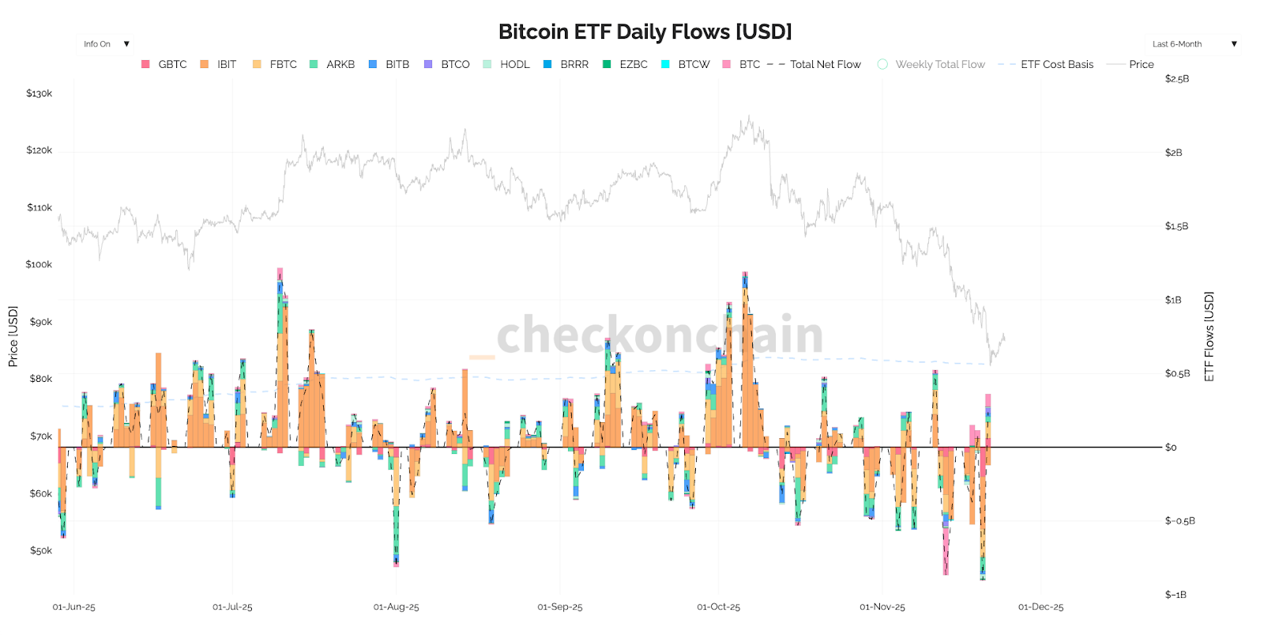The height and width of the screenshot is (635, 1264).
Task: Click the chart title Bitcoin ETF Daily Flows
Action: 645,32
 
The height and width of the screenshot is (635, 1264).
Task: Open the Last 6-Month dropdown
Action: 1193,44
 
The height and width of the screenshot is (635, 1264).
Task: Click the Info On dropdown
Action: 106,44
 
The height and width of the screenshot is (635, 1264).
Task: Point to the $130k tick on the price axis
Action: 39,93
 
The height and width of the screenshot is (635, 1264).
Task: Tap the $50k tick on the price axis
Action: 40,550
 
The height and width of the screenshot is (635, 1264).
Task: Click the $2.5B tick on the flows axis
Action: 1176,79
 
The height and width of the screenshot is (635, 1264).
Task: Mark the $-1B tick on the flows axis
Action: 1175,595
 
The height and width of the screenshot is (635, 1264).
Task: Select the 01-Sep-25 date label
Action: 559,607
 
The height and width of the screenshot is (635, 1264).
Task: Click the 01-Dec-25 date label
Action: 1040,607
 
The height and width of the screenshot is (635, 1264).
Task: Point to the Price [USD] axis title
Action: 13,336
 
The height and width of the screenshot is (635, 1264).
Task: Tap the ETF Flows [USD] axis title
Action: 1209,336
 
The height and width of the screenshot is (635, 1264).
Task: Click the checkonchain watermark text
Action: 660,335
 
